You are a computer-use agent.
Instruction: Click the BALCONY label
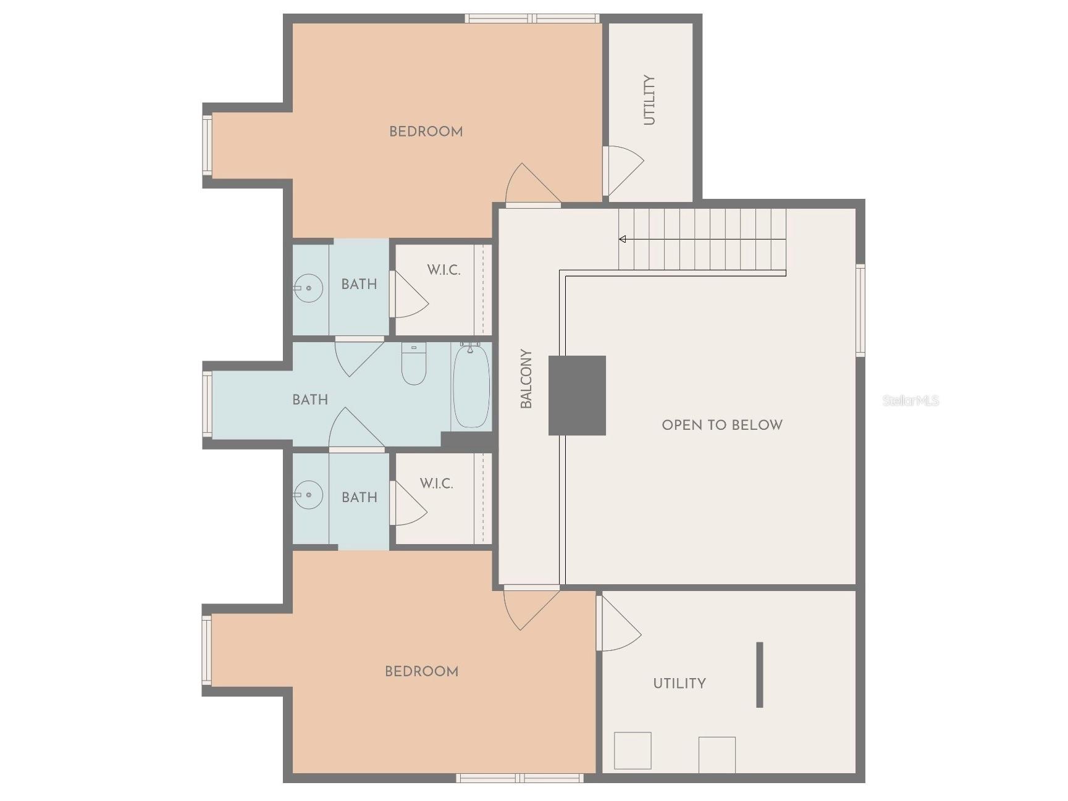526,379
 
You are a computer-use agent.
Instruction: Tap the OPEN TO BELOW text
721,425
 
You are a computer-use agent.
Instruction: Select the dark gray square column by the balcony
577,395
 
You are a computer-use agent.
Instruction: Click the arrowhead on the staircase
623,239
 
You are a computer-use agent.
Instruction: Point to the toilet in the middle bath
413,364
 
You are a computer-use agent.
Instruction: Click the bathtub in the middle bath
471,387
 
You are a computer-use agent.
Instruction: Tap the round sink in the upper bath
308,288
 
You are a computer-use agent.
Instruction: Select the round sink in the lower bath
308,495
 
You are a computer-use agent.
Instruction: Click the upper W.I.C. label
444,270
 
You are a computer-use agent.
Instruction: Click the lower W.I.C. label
437,484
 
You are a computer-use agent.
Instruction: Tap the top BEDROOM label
426,132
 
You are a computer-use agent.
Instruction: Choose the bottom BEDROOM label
421,671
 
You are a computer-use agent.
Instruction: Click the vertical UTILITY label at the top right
649,100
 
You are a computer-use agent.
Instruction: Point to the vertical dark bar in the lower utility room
759,674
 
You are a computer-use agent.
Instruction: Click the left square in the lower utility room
633,750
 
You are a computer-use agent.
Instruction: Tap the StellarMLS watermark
910,401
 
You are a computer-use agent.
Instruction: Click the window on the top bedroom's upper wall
532,19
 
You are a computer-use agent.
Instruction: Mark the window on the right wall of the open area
860,310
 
